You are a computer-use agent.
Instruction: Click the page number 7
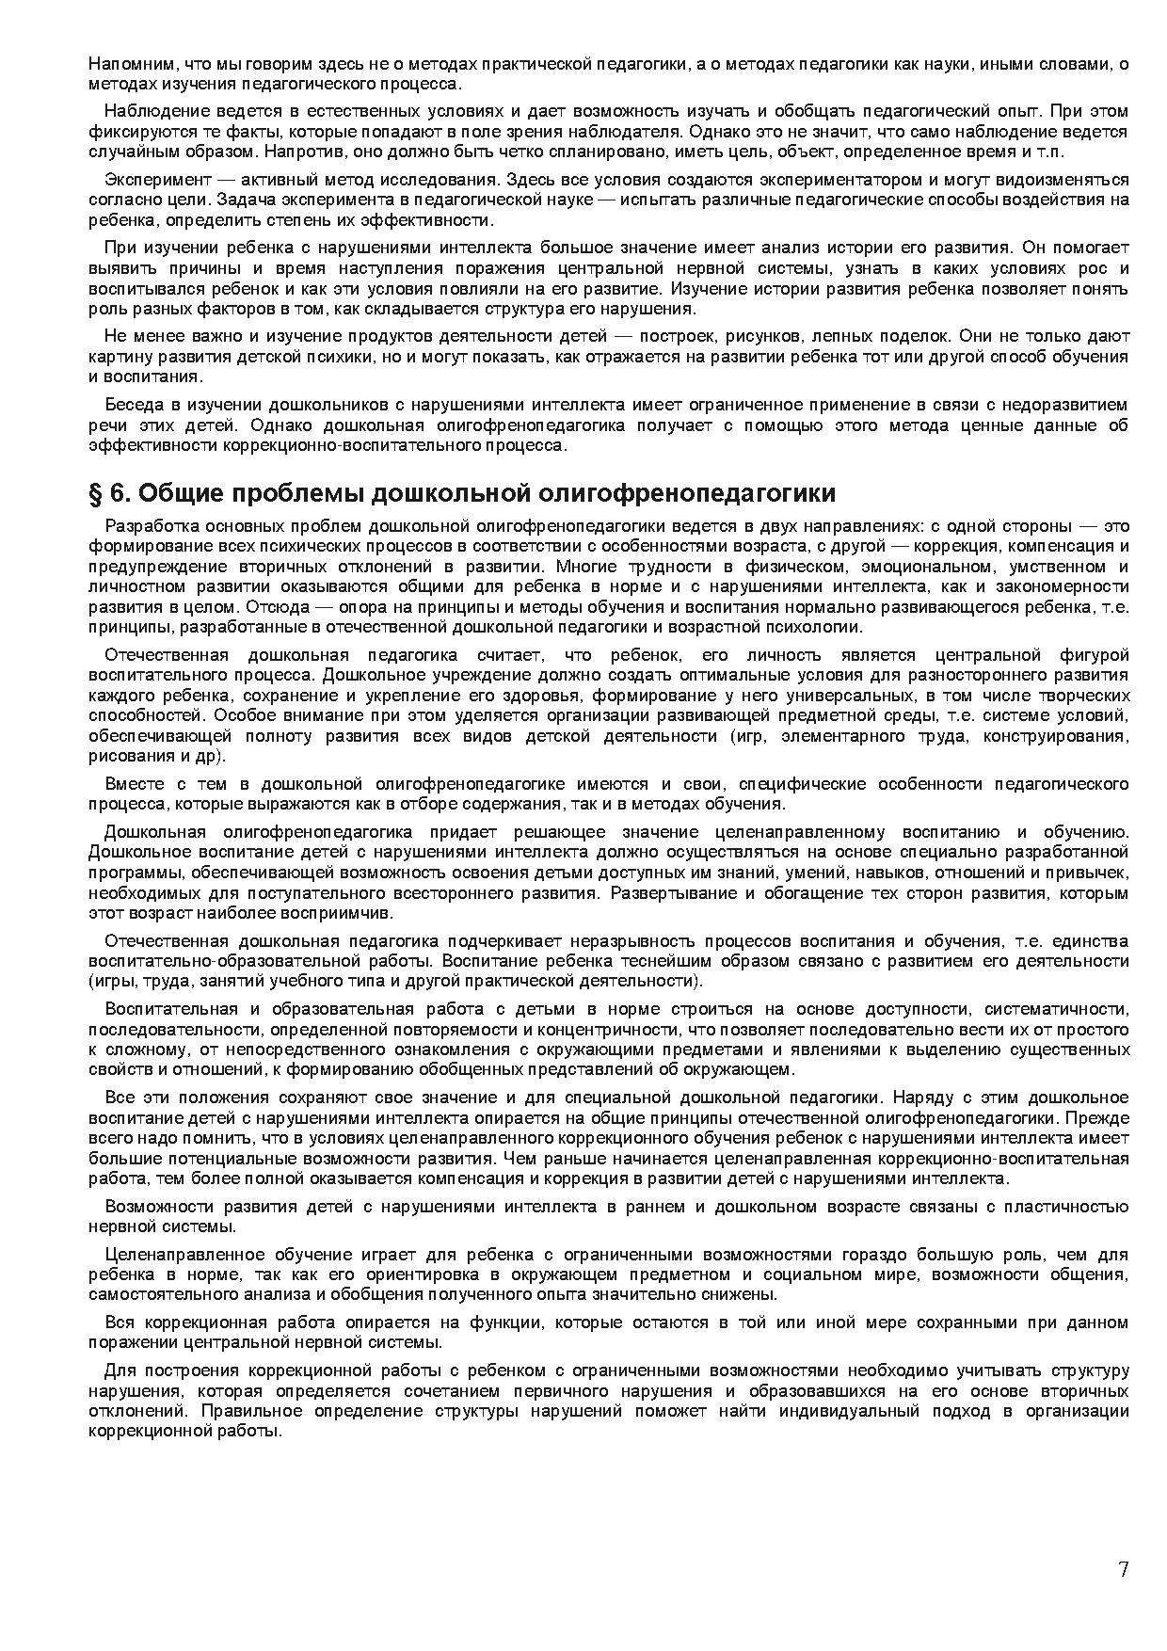click(1123, 1569)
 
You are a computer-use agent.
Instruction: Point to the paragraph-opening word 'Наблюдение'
click(148, 111)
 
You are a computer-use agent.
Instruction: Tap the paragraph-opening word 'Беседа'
click(133, 405)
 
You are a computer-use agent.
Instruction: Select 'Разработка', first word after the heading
click(146, 525)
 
